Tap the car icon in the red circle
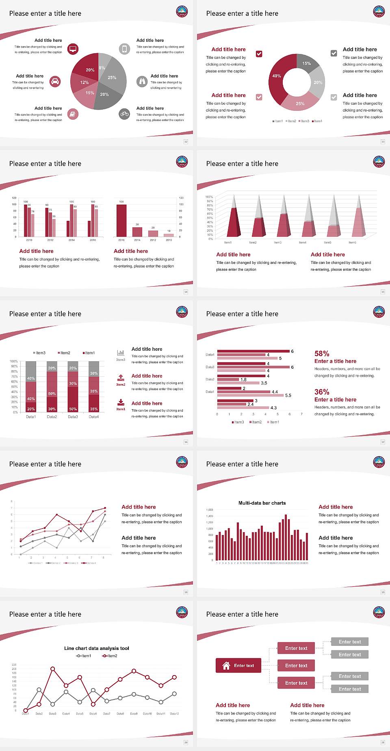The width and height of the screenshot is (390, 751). (55, 82)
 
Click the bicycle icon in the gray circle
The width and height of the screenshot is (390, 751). (124, 114)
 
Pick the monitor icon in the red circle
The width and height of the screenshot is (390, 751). (73, 49)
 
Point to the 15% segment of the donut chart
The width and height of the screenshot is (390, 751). (308, 63)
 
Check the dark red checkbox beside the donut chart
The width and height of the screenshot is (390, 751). (259, 54)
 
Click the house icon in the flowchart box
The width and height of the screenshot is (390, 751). (226, 665)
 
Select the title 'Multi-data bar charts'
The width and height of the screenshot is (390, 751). (262, 503)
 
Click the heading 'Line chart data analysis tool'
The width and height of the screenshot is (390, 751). (97, 648)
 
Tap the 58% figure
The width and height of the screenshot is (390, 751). (322, 354)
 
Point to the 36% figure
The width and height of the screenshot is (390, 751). (322, 392)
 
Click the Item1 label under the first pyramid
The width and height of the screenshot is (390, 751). (228, 242)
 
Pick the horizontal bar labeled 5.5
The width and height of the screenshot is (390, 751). (250, 395)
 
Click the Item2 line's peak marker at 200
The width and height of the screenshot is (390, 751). (52, 669)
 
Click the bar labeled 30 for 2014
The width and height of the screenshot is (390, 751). (137, 232)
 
